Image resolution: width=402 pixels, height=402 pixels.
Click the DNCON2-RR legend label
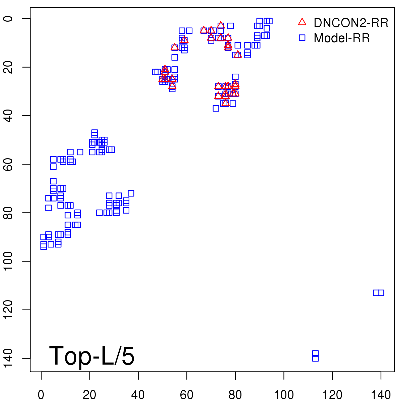[x=351, y=23]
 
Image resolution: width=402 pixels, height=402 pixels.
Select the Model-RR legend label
[x=342, y=38]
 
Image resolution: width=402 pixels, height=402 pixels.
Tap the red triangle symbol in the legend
[x=302, y=22]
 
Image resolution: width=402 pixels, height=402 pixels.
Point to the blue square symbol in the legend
[x=302, y=38]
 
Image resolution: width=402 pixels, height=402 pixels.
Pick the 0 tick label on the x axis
[x=41, y=395]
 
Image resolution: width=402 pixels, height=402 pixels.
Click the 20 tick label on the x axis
[x=89, y=395]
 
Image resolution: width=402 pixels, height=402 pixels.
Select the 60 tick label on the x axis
[x=186, y=395]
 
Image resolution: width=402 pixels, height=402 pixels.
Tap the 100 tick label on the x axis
[x=284, y=395]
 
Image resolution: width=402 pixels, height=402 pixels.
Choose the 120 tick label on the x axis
[x=332, y=395]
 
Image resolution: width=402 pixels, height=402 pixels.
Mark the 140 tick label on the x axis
[x=381, y=395]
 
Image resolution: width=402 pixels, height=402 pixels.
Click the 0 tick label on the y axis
[x=9, y=19]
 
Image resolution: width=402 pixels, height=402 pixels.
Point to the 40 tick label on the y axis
[x=9, y=116]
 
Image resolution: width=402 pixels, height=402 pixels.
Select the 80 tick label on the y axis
[x=9, y=213]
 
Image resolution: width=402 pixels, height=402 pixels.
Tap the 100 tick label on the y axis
[x=9, y=261]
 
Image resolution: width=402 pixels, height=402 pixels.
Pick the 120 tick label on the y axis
[x=9, y=310]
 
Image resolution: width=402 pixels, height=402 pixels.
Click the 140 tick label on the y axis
[x=9, y=358]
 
